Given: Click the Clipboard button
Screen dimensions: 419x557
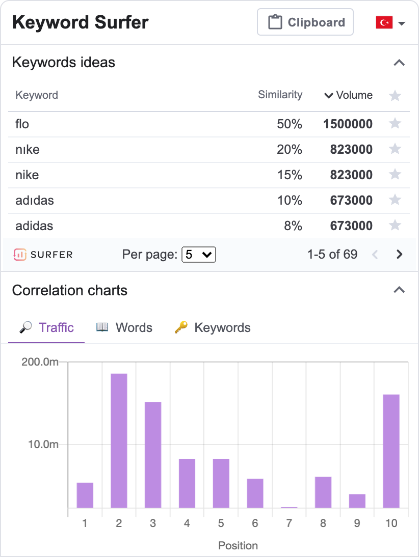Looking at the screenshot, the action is (305, 22).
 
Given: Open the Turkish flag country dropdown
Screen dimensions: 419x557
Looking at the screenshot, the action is (390, 23).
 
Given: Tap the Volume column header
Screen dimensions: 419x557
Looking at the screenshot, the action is (349, 95).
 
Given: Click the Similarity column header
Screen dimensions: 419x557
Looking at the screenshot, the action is (280, 95).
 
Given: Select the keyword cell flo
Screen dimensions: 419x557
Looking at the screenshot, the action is (22, 124).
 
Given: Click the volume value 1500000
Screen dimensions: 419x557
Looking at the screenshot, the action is (348, 124).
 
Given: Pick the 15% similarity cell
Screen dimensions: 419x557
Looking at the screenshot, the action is (290, 175).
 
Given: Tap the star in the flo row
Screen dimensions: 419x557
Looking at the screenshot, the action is (395, 124).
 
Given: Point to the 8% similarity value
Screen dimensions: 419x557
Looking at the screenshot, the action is (293, 226).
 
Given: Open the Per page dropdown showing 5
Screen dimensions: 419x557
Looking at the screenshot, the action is (199, 255).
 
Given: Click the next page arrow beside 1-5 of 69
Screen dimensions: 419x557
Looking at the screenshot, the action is (400, 255).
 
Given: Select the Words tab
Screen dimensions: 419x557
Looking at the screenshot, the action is (124, 327).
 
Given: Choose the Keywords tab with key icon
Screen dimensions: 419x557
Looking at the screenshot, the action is (213, 327).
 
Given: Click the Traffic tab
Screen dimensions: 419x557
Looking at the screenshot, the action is (46, 327).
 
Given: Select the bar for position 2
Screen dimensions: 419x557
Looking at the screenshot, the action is (119, 440).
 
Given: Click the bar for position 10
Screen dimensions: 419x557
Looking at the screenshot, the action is (391, 451).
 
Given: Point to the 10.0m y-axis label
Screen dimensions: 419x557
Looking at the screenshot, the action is (43, 444).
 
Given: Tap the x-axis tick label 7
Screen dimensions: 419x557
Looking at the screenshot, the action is (289, 523).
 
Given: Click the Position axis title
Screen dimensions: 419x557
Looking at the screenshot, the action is (238, 545).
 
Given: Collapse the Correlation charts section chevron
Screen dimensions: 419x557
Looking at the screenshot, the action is (399, 290).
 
